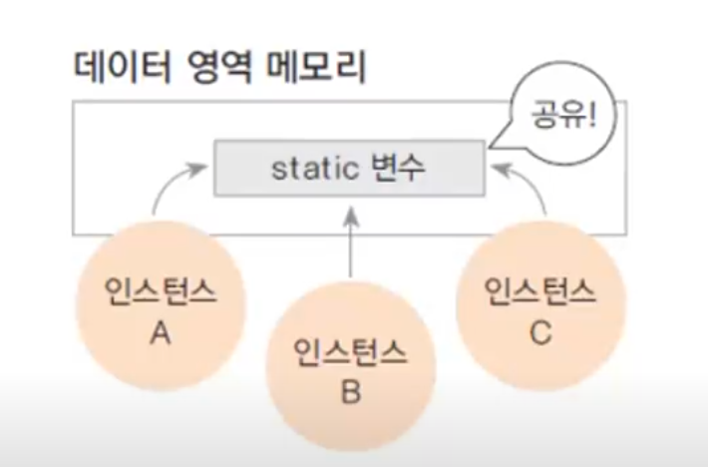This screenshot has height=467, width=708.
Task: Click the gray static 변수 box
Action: click(x=350, y=168)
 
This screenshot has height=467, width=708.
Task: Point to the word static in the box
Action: click(x=315, y=168)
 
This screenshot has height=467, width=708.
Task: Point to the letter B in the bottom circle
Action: click(x=350, y=392)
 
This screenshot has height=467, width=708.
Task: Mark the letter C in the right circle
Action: click(x=540, y=332)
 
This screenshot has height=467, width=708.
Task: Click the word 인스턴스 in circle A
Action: click(x=160, y=291)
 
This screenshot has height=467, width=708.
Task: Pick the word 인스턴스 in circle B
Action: click(x=350, y=350)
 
